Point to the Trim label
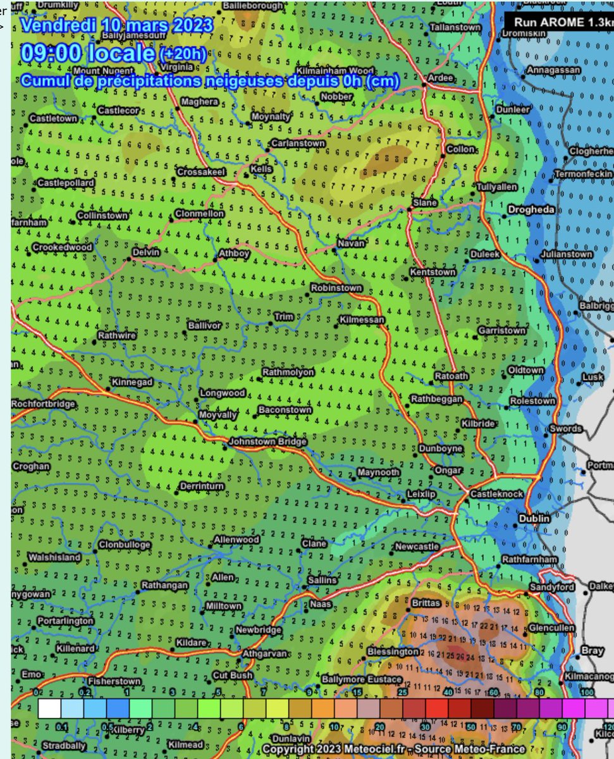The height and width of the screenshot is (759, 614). coord(283,316)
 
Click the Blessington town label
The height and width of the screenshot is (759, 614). coord(393,651)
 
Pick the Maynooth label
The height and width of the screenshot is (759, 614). coord(378,472)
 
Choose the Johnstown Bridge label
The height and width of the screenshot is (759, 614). coord(267,441)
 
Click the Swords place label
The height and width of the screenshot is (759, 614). coord(565,429)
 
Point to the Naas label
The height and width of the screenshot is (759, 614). coord(321,604)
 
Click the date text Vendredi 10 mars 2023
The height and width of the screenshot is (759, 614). coord(116,26)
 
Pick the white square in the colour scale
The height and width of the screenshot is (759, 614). coord(49,708)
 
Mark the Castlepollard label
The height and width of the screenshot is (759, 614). coord(66,183)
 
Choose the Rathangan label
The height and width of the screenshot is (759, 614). coord(164,585)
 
